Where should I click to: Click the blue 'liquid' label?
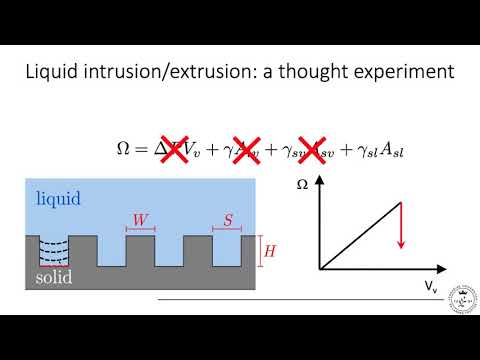click(59, 199)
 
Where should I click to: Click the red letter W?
click(140, 217)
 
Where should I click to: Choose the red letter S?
click(227, 217)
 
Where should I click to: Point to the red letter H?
click(267, 252)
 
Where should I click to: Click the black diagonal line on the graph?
click(360, 236)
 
